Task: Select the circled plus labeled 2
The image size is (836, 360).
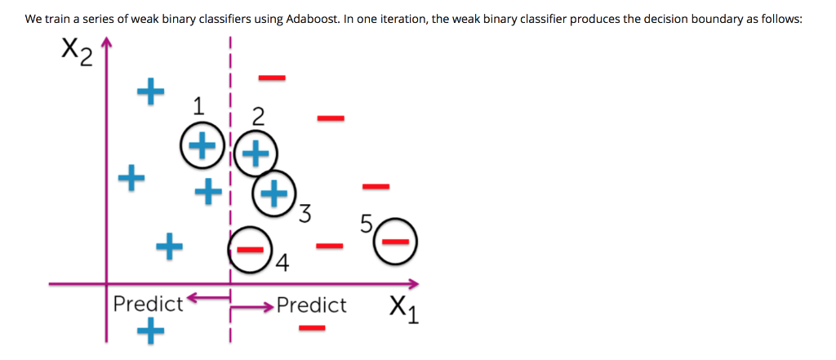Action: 257,151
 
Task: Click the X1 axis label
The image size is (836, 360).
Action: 404,309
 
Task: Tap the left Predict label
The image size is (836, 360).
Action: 148,304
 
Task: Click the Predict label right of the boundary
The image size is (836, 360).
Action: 311,305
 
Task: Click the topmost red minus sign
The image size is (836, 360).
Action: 272,78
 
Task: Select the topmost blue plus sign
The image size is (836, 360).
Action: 149,91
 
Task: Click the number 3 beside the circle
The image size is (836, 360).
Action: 305,215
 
